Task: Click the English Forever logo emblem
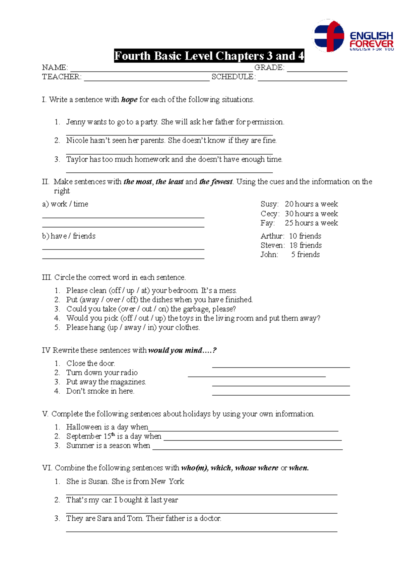[x=329, y=36]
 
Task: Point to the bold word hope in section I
[x=129, y=100]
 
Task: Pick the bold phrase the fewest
[x=216, y=182]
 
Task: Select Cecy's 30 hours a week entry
[x=311, y=214]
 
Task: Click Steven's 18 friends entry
[x=306, y=245]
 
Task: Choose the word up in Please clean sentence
[x=130, y=290]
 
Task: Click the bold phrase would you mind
[x=175, y=350]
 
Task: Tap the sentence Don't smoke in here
[x=100, y=391]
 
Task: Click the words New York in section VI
[x=167, y=481]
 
